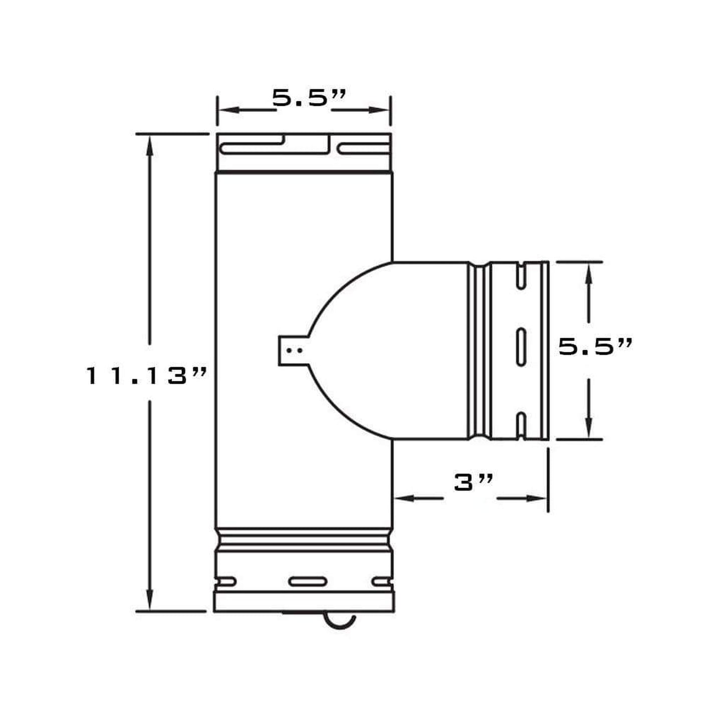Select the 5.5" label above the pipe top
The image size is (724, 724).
309,98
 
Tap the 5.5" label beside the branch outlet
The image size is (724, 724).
595,346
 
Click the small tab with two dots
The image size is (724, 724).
292,349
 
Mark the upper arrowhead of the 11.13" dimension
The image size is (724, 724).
149,145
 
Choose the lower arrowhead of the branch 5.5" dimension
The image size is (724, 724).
589,429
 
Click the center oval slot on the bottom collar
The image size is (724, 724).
308,582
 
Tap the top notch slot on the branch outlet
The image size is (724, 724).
521,275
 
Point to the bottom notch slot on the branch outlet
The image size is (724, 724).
521,425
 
